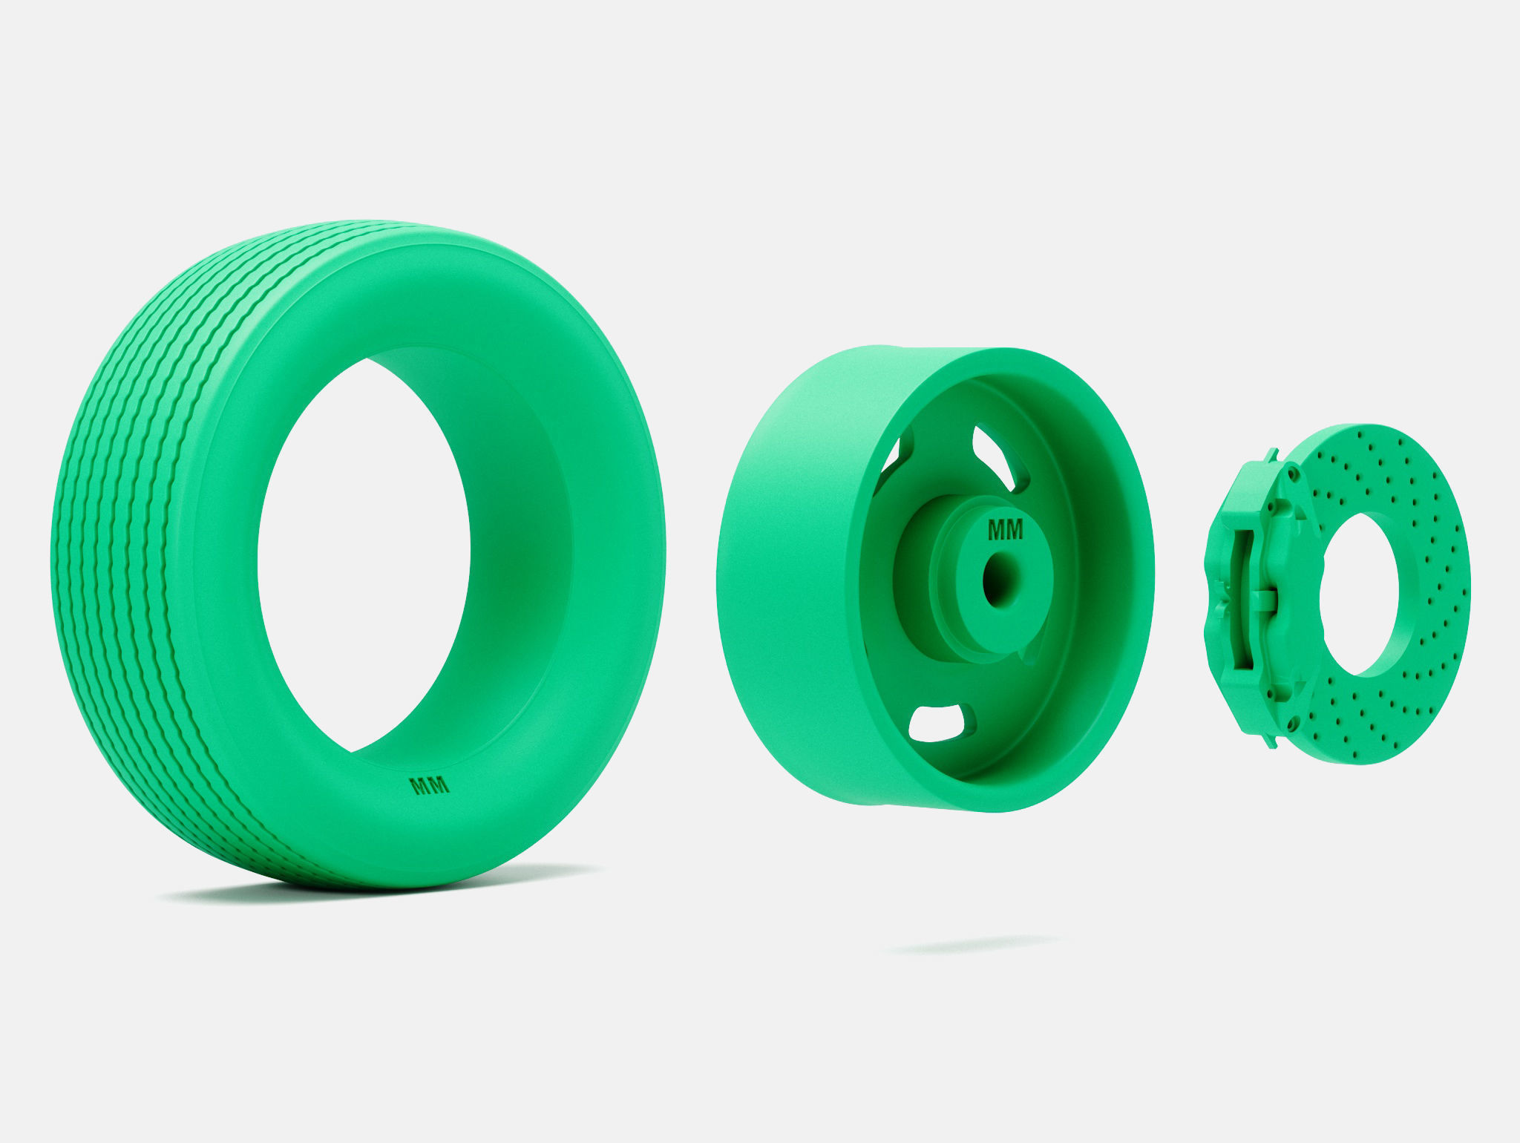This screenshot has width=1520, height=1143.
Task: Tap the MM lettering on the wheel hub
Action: click(x=1005, y=530)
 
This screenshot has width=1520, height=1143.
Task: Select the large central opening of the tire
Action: click(x=364, y=549)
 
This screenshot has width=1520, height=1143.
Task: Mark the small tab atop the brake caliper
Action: click(x=1274, y=451)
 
